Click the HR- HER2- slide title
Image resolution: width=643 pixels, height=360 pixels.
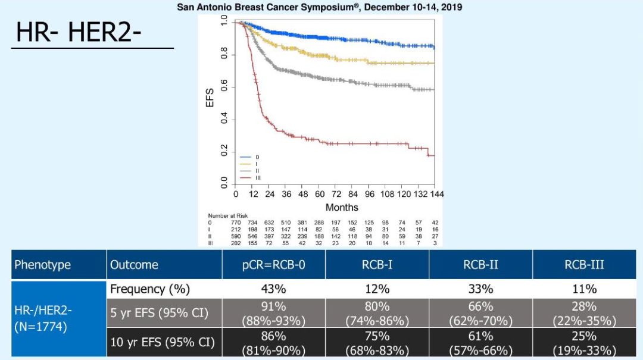click(x=79, y=32)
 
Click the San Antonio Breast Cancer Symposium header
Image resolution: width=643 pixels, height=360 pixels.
click(x=319, y=8)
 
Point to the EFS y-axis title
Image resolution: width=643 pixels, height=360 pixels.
click(x=210, y=99)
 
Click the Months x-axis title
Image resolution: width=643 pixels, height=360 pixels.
click(x=342, y=208)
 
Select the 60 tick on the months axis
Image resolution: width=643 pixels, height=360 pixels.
click(x=320, y=194)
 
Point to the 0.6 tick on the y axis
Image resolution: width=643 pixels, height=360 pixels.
click(x=224, y=87)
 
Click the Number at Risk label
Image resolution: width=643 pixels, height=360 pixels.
click(x=228, y=215)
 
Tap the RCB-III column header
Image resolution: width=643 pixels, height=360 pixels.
click(x=584, y=265)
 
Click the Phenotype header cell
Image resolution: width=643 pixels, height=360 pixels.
click(x=42, y=265)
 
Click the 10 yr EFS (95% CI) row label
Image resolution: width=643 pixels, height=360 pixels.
click(x=163, y=343)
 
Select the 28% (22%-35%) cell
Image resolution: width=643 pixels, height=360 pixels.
click(x=584, y=313)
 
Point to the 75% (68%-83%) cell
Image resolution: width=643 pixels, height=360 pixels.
click(x=377, y=343)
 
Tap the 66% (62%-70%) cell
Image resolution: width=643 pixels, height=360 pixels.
click(x=480, y=313)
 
